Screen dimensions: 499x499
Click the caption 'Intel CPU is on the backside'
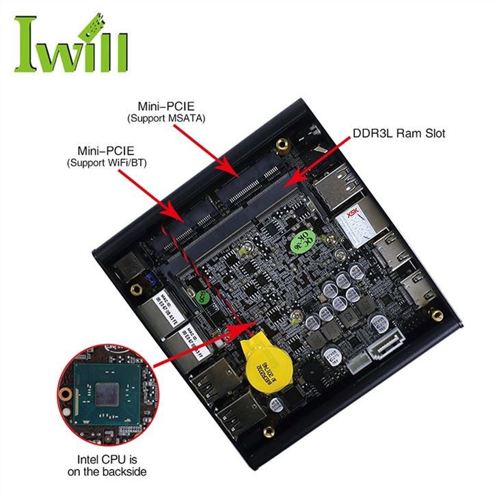(107, 465)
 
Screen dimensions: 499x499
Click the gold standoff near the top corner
(282, 146)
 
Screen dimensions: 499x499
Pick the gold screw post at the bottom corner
(269, 432)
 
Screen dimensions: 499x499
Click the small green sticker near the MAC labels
(200, 296)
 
